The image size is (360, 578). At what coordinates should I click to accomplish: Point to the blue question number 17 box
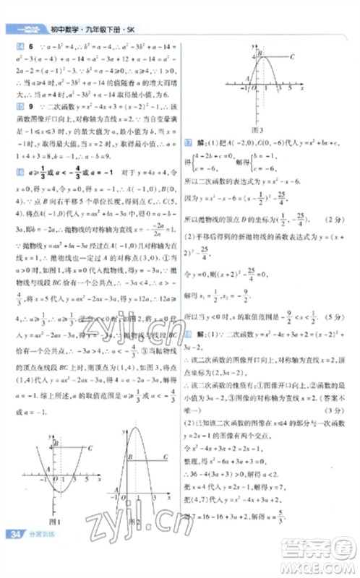pos(189,143)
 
